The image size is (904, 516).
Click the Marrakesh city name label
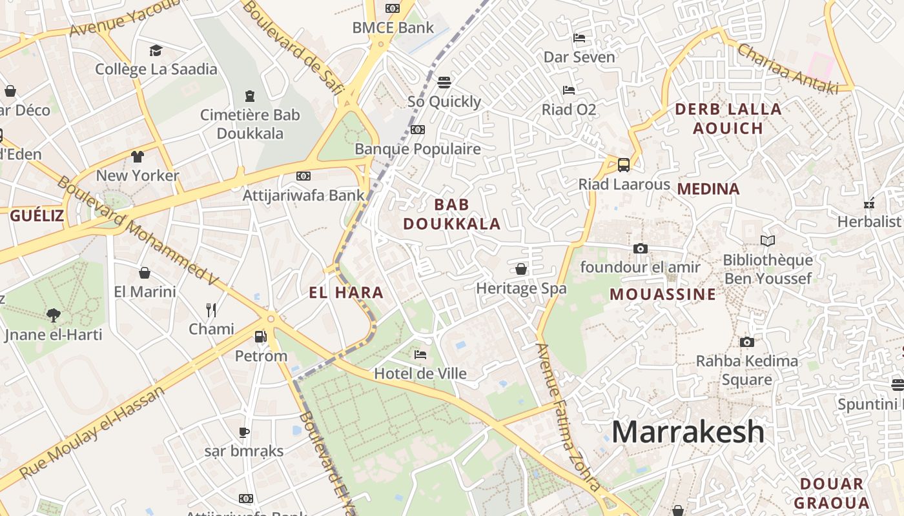[688, 432]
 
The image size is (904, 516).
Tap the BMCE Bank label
[393, 28]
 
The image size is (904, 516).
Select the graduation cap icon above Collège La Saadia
[156, 50]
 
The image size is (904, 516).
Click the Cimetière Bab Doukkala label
[250, 124]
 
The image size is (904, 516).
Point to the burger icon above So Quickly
[444, 83]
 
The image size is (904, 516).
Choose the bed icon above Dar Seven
[579, 38]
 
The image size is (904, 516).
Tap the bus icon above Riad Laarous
[624, 164]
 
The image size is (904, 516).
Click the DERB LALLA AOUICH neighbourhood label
[728, 118]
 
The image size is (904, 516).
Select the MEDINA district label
[708, 189]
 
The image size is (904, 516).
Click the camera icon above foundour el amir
[640, 248]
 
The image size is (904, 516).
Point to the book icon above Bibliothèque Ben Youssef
[767, 241]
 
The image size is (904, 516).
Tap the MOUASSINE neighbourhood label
[663, 294]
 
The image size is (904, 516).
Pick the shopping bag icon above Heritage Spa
[521, 269]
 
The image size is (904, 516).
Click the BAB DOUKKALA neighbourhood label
[452, 214]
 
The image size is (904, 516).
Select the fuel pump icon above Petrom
[260, 336]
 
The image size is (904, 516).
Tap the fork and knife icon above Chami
[211, 310]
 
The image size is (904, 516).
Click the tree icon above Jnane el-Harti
[54, 315]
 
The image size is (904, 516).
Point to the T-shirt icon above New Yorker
[138, 156]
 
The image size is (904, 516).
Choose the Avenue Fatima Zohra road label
[568, 416]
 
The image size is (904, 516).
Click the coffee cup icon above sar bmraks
[244, 432]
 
